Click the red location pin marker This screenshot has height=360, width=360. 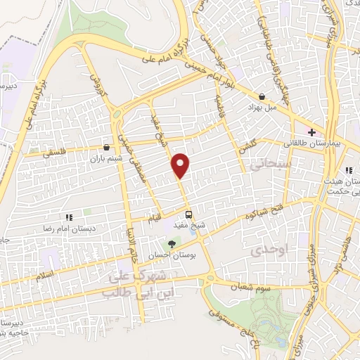click(x=181, y=165)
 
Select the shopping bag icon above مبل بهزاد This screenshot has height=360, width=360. click(x=262, y=97)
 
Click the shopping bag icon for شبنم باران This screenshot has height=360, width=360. click(x=106, y=148)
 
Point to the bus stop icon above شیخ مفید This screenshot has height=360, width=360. click(x=188, y=214)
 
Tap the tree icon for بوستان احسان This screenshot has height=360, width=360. click(x=172, y=243)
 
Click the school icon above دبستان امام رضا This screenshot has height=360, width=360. click(x=69, y=218)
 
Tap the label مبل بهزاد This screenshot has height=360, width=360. click(x=258, y=109)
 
